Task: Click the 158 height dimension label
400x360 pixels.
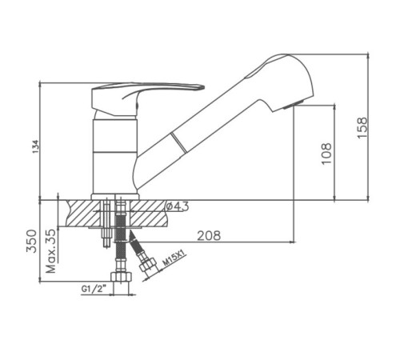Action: (362, 127)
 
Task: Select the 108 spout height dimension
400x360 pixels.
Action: (326, 154)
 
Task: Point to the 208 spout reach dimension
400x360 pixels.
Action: (209, 235)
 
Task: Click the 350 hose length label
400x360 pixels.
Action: (31, 241)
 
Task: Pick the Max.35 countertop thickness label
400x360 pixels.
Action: (51, 250)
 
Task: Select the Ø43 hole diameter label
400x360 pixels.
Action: (178, 206)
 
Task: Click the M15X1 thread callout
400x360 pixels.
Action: (174, 258)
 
